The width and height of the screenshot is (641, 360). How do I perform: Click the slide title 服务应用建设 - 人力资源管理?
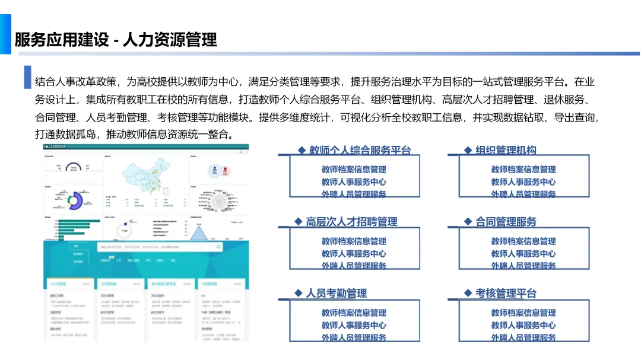pos(116,40)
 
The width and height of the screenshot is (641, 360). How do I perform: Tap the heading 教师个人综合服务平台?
pos(360,151)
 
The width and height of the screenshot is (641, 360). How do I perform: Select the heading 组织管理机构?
pos(506,151)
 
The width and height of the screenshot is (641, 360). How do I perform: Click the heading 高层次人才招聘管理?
pos(351,222)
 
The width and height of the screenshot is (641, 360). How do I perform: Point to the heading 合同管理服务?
pos(506,222)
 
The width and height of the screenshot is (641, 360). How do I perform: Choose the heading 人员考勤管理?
pos(336,293)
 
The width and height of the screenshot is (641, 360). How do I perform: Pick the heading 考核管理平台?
pos(506,293)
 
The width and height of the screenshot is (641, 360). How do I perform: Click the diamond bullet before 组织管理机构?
pos(468,151)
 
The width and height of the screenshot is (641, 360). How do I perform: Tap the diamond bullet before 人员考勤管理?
pos(299,293)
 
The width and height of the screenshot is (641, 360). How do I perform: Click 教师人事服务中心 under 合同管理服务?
pos(523,254)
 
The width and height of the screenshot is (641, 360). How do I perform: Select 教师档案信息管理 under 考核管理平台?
pos(523,313)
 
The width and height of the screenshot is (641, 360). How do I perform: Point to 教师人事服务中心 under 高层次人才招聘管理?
pos(354,254)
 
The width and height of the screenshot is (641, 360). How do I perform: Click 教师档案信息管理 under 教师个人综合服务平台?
pos(354,170)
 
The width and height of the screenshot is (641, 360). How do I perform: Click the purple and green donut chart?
pos(75,200)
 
